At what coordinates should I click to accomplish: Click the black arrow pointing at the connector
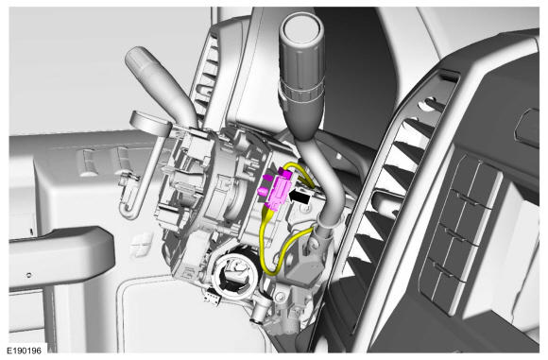300,197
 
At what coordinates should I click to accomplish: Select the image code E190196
25,351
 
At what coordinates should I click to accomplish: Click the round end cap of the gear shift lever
302,27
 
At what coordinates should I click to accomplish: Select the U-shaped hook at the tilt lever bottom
128,209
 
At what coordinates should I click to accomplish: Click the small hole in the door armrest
29,275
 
